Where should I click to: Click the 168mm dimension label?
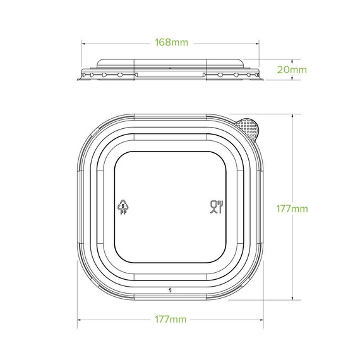171,43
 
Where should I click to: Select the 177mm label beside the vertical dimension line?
293,208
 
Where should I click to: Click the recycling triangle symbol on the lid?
123,204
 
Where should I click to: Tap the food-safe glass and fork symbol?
215,206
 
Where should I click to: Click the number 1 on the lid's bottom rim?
171,291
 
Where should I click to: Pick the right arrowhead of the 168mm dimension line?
258,43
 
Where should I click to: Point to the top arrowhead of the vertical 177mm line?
293,116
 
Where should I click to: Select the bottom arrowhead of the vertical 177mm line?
293,299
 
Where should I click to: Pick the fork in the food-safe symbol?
219,203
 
